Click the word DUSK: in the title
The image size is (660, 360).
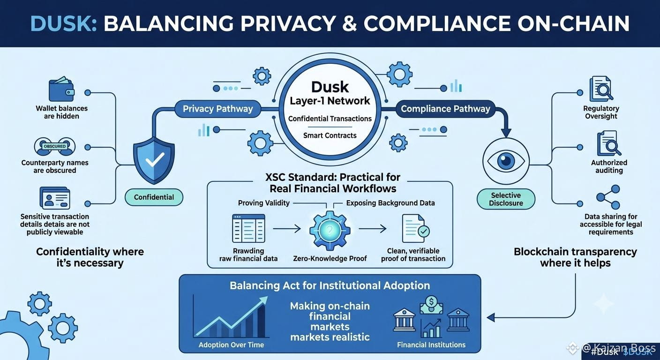[x=64, y=23]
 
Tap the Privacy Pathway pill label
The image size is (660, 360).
[x=218, y=109]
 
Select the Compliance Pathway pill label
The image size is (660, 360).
[x=445, y=109]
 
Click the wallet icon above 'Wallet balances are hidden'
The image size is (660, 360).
[x=61, y=89]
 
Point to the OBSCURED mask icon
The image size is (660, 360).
[x=55, y=146]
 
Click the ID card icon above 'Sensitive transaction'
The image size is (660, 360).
[x=55, y=198]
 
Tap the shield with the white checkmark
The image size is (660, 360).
[x=154, y=160]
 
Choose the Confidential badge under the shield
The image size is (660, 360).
[x=154, y=197]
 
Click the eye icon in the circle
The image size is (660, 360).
[x=506, y=161]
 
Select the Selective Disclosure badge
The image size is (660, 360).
[x=506, y=199]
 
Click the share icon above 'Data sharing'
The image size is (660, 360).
[x=608, y=197]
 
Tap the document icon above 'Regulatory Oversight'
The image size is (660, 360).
[x=601, y=89]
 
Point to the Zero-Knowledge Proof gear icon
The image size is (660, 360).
[x=330, y=230]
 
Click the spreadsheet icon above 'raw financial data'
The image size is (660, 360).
[x=248, y=228]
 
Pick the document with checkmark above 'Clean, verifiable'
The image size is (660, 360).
[x=416, y=228]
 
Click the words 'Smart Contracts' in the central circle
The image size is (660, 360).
[x=330, y=135]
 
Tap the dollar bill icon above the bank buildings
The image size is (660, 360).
[x=431, y=305]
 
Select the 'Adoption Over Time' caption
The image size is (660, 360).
[x=231, y=345]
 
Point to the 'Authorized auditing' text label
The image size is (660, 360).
[x=609, y=166]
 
